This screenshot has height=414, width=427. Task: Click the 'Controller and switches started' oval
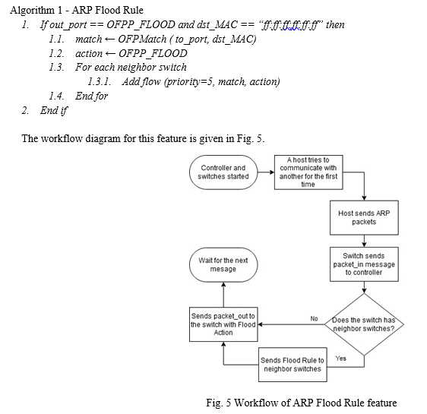(223, 172)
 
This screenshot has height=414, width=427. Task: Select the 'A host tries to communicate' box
(308, 172)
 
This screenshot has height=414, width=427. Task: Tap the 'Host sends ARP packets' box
(364, 217)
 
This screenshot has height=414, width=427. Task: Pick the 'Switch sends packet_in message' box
(364, 264)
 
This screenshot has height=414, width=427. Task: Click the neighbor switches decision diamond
(364, 324)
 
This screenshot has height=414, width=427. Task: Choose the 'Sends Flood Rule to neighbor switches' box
(293, 365)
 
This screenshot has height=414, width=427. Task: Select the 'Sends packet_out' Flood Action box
(223, 324)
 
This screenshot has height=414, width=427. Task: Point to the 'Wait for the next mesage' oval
(223, 264)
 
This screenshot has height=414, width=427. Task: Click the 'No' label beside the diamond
(314, 318)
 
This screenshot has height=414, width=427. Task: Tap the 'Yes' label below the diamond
(340, 359)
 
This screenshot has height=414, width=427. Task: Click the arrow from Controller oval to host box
(266, 172)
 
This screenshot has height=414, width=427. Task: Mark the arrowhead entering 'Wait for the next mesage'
(223, 284)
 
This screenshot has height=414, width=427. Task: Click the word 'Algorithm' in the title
(32, 11)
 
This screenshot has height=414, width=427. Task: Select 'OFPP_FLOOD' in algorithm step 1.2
(153, 53)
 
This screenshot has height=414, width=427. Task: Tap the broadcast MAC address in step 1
(290, 25)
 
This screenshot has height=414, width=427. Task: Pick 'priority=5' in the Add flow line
(189, 81)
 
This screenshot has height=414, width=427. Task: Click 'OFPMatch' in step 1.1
(142, 39)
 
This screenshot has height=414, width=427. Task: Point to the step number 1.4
(57, 96)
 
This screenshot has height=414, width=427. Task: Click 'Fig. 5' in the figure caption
(218, 403)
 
